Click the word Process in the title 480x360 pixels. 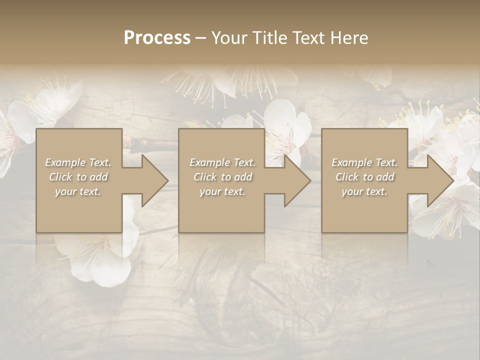157,38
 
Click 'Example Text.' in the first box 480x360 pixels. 78,162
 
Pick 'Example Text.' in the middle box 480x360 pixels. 222,162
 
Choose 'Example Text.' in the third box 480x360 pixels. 364,162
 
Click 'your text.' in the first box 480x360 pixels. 78,191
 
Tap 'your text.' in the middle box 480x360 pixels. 222,191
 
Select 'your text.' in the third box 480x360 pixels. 364,191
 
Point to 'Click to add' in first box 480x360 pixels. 78,177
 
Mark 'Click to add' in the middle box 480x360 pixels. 222,177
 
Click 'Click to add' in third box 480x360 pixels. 364,177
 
